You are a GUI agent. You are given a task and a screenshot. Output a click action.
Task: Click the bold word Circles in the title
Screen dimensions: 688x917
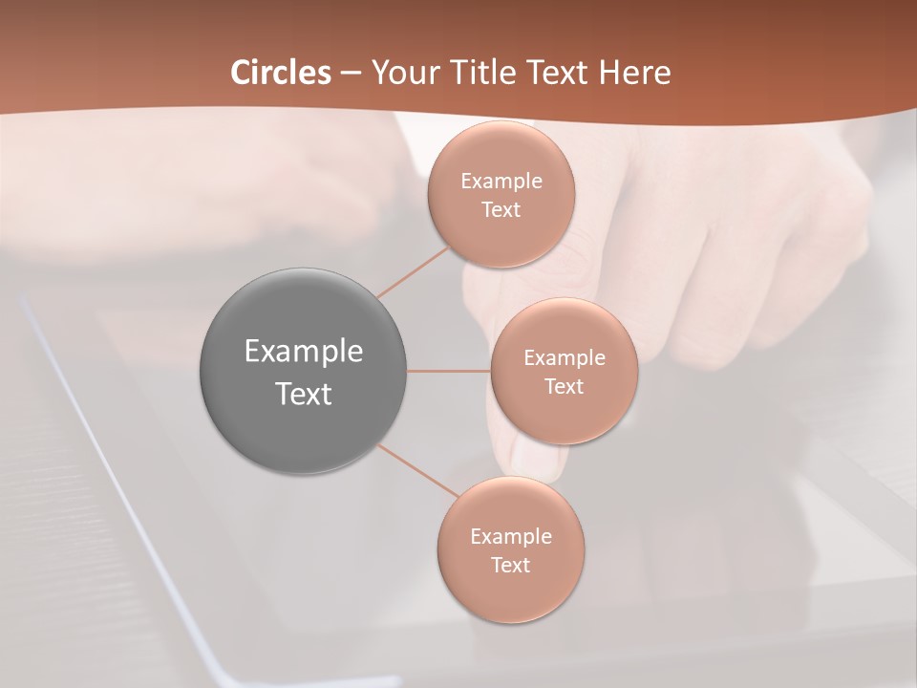pos(281,73)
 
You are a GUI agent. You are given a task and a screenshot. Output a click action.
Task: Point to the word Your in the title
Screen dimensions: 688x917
pos(401,73)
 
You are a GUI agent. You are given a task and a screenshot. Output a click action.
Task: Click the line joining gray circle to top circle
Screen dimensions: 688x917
pos(413,271)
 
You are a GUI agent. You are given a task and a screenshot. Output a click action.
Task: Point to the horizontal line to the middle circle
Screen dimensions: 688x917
pos(449,371)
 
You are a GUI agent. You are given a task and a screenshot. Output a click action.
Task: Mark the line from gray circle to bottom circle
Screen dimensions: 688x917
pos(416,471)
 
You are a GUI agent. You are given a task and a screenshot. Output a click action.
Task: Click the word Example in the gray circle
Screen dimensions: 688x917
pos(304,352)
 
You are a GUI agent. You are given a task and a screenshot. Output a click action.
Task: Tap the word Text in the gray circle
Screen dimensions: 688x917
pos(304,394)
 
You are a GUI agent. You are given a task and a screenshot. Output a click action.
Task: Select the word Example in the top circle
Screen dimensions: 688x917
pos(501,182)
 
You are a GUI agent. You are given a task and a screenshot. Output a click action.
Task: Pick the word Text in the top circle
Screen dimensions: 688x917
pos(501,210)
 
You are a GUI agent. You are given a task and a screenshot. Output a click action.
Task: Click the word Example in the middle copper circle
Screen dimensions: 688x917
pos(565,358)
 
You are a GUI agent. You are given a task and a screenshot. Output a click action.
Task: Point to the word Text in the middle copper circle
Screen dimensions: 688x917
pos(565,387)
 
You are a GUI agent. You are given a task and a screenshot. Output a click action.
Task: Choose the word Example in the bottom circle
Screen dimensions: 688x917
pos(511,537)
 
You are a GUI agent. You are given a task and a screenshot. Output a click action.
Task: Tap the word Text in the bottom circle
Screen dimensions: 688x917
pos(511,566)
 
